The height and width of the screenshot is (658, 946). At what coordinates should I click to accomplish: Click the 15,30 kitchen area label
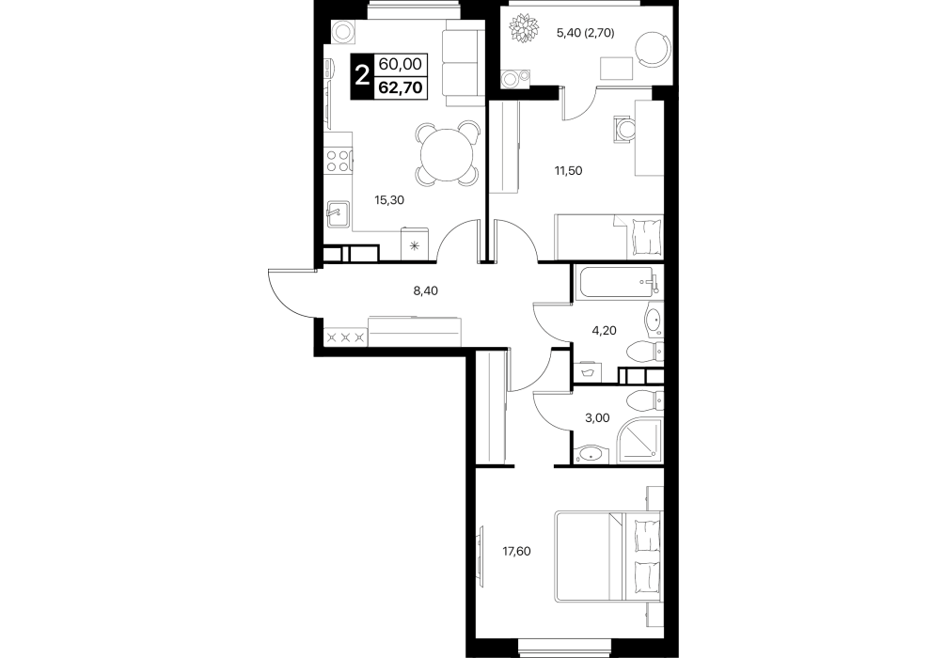(389, 200)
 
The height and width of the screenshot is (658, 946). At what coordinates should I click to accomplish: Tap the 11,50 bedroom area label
(568, 171)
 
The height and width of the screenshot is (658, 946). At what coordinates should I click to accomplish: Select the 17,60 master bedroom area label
(517, 551)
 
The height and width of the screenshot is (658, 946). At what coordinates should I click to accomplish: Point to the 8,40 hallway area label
(425, 290)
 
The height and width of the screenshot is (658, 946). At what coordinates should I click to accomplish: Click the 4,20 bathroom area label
(604, 331)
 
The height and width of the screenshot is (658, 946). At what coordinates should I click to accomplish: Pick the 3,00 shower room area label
(597, 418)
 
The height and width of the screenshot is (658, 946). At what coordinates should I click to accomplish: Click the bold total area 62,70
(401, 88)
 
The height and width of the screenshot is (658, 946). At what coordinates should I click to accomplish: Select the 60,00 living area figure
(401, 63)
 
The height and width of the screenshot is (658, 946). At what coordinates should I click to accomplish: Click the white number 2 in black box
(362, 76)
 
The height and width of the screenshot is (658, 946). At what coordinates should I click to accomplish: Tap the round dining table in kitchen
(448, 153)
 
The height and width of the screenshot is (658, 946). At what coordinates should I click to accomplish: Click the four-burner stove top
(339, 161)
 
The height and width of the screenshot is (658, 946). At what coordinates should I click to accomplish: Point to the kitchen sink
(338, 214)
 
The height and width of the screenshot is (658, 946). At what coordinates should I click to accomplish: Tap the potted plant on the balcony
(523, 28)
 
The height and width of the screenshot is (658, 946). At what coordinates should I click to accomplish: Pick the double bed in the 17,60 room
(608, 556)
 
